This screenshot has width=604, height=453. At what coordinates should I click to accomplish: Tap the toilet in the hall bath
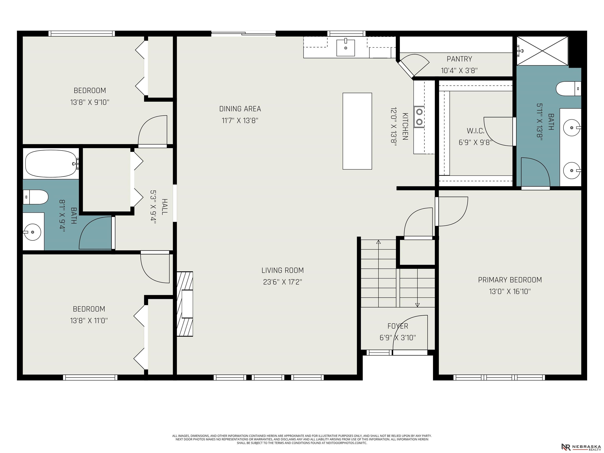point(36,197)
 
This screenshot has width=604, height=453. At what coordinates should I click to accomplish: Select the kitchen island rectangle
point(357,131)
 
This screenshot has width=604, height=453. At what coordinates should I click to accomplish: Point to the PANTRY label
point(459,59)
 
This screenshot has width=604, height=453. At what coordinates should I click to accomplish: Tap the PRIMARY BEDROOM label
point(510,280)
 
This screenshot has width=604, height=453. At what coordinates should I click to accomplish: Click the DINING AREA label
point(240,109)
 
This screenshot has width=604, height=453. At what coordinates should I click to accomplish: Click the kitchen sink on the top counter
point(345,48)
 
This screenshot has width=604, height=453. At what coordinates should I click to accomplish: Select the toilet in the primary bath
point(568,88)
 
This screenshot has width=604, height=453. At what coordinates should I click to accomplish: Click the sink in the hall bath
point(32,232)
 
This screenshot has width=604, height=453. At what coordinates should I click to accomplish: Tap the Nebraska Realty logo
point(581,447)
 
